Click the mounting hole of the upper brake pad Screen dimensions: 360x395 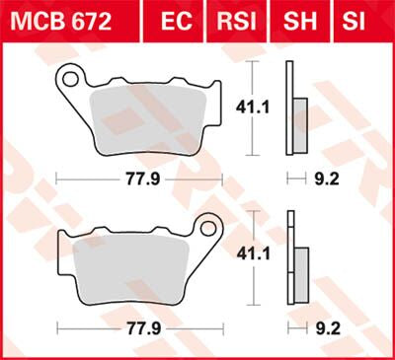(x=70, y=75)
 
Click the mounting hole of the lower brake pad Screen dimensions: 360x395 (x=209, y=229)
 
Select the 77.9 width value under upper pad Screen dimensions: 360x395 (x=139, y=180)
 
